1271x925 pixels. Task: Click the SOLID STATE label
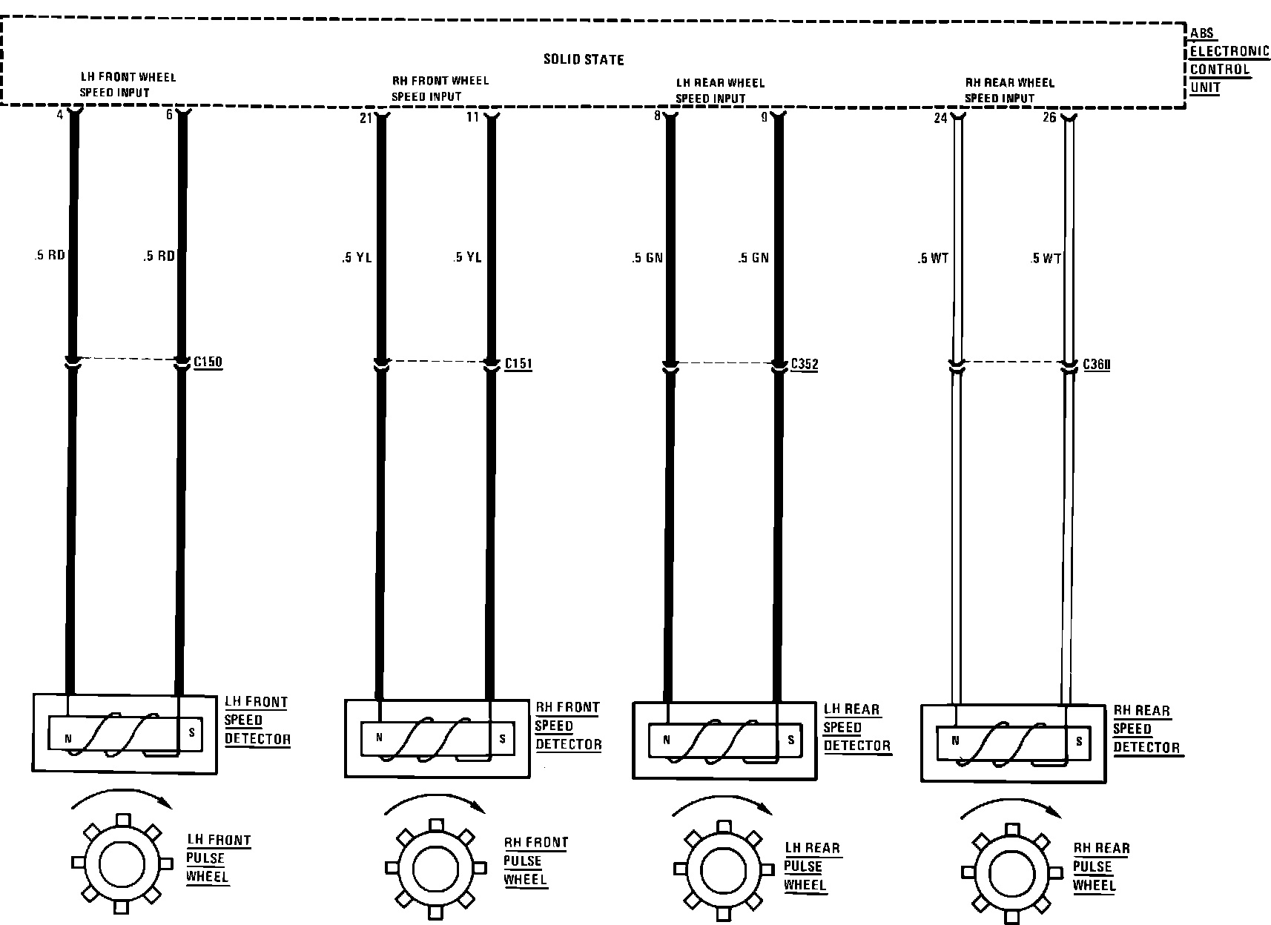[x=584, y=59]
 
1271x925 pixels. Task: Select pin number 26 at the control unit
[x=1049, y=118]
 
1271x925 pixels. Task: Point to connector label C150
[x=208, y=362]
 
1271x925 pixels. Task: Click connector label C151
[x=518, y=364]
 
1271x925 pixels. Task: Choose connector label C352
[x=805, y=364]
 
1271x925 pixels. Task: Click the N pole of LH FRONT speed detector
[x=68, y=738]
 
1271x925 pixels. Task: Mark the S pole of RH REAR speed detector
[x=1079, y=741]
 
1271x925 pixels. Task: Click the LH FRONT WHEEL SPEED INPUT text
[x=127, y=84]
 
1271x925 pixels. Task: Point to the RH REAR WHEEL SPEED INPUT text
[x=1008, y=90]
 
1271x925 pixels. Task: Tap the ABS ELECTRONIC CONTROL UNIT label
[x=1229, y=60]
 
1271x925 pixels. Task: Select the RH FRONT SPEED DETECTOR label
[x=568, y=726]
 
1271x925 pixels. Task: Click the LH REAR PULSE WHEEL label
[x=811, y=866]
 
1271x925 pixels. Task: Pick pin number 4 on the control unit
[x=60, y=115]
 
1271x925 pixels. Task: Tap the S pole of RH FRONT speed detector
[x=503, y=738]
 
